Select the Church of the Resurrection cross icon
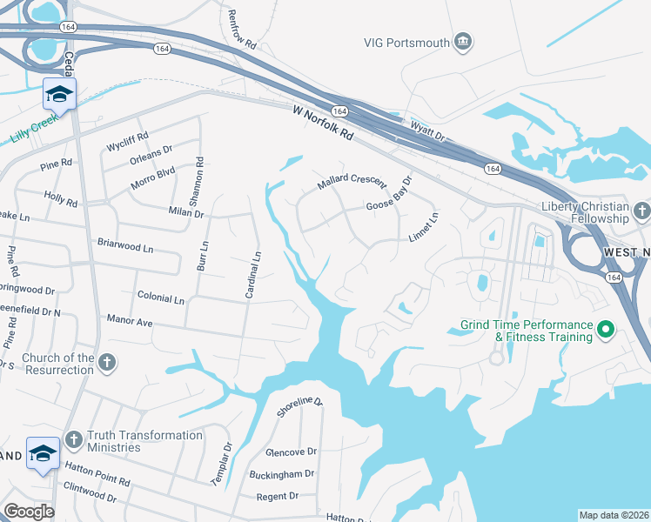tap(107, 364)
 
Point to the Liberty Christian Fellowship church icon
tap(641, 211)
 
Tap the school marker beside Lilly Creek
tap(59, 95)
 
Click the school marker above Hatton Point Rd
tap(43, 453)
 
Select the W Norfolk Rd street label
tap(323, 123)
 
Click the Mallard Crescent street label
tap(351, 181)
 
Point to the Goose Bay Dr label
tap(388, 197)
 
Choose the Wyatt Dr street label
tap(427, 131)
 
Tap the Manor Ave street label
tap(129, 322)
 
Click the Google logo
tap(29, 512)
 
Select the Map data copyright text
tap(614, 515)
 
